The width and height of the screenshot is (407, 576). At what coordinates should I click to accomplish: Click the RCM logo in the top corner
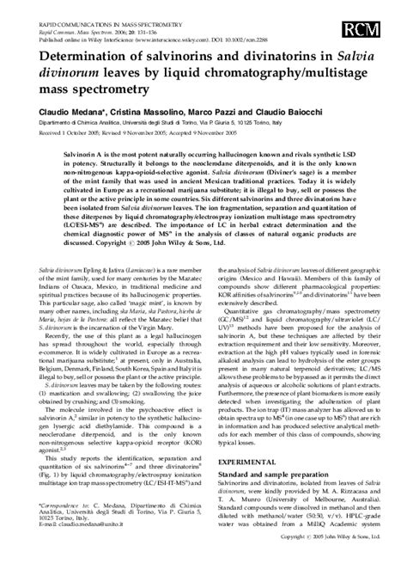click(371, 33)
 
